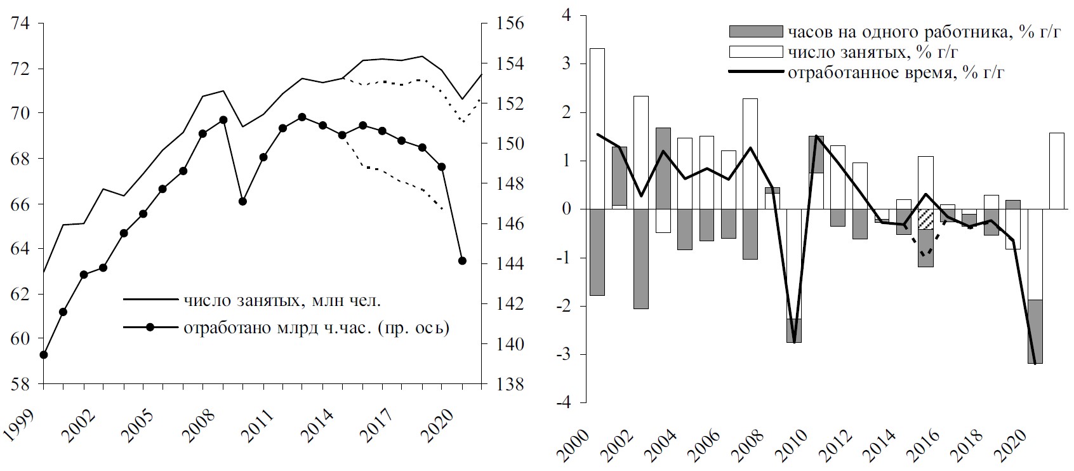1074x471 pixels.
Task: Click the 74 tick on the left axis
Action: coord(21,24)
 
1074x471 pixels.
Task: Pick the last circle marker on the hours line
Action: coord(462,261)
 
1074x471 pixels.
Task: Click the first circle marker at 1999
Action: coord(44,355)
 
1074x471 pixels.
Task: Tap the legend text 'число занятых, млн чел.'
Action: coord(282,299)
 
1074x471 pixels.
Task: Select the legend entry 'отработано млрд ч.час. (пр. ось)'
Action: coord(316,328)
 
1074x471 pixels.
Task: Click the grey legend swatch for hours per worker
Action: coord(755,32)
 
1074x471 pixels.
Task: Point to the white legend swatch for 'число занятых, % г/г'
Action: coord(755,51)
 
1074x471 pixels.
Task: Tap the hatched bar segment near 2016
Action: coord(925,219)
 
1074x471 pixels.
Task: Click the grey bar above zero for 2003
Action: coord(663,168)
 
